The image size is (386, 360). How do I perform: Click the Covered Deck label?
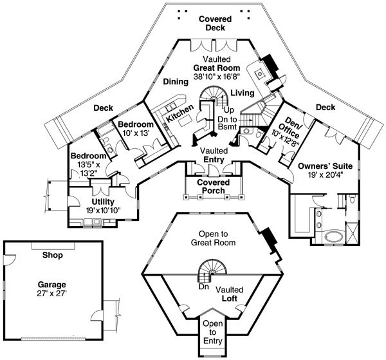pos(215,23)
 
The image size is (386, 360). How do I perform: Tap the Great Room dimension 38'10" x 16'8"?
pos(217,77)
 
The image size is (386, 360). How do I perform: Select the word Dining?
pos(176,82)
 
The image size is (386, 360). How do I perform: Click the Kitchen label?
pos(180,113)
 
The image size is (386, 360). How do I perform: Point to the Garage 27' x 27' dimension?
pos(52,294)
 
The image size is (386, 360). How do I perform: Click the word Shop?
pos(53,255)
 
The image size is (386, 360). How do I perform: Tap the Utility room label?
pos(103,202)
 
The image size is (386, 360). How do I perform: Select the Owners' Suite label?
pos(325,166)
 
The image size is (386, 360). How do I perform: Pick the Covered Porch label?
pos(214,187)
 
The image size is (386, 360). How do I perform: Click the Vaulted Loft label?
pos(230,294)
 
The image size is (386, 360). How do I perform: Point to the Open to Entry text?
pos(213,332)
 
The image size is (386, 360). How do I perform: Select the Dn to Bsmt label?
pos(227,123)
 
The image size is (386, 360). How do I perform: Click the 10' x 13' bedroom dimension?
pos(136,133)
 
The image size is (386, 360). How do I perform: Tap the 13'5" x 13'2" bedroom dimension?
pos(89,169)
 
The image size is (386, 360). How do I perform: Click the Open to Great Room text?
pos(213,238)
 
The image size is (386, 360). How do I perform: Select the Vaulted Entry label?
pos(214,155)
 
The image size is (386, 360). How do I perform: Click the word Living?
pos(243,93)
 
